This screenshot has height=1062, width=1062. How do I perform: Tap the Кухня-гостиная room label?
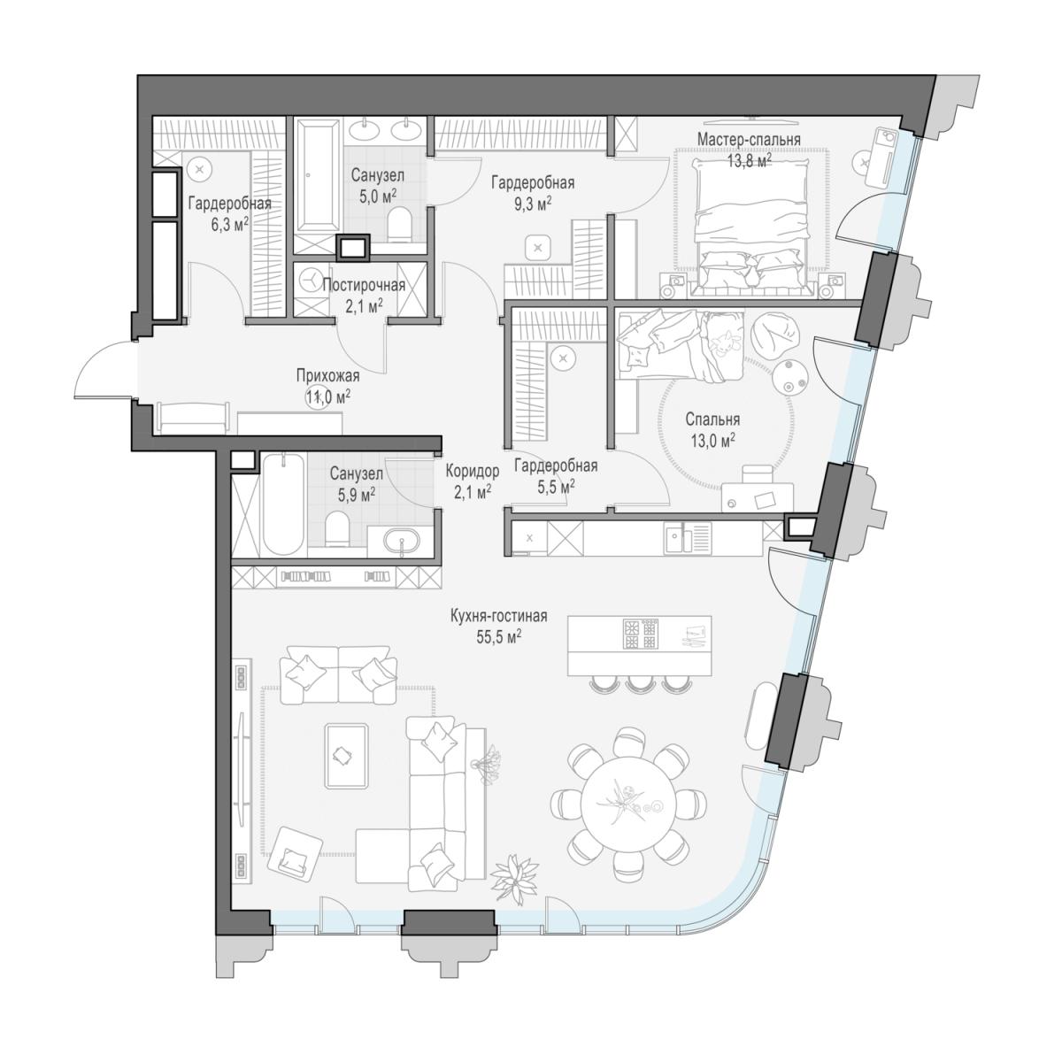(x=499, y=616)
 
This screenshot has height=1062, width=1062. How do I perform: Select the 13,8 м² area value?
(x=749, y=161)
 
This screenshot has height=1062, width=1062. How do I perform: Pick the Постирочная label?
(x=364, y=285)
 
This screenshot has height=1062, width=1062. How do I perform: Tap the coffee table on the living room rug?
(x=346, y=756)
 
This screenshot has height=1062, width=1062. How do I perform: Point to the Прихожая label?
(x=328, y=376)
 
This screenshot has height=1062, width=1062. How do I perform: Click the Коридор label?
(x=473, y=471)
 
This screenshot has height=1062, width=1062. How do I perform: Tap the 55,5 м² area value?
(x=499, y=637)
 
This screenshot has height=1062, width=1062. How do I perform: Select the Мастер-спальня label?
(x=749, y=140)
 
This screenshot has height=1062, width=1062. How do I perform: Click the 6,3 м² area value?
(x=229, y=224)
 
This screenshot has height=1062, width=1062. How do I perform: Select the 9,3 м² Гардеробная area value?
(x=533, y=204)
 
